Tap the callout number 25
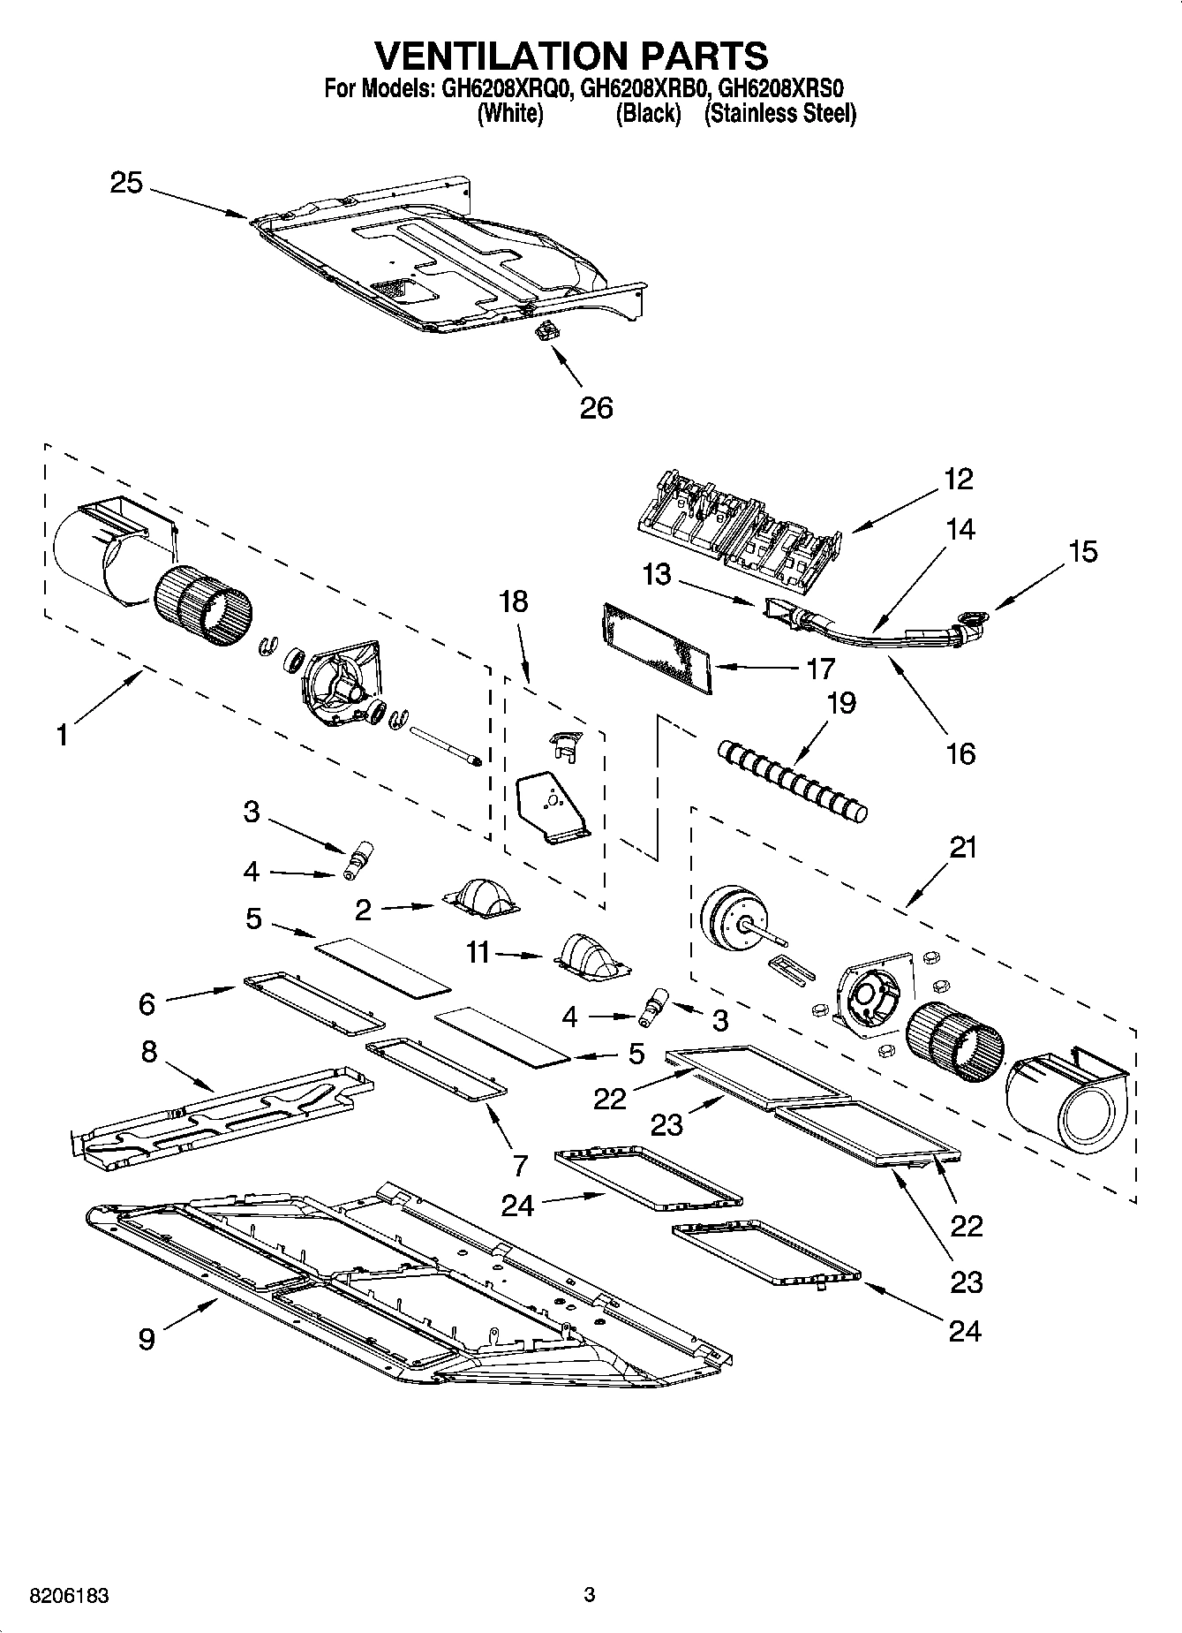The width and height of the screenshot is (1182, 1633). coord(126,183)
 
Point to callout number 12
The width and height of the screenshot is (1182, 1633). coord(958,479)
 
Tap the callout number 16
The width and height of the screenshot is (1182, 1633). coord(960,753)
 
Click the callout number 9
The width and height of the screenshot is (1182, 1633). coord(147,1339)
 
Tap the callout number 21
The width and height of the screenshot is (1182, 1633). coord(963,847)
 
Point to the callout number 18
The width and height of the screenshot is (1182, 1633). coord(513,601)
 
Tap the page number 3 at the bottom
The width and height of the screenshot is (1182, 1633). coord(590,1595)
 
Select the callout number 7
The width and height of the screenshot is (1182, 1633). coord(520,1165)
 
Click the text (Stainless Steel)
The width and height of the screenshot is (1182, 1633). coord(779,113)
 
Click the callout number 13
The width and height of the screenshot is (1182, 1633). coord(657,575)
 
